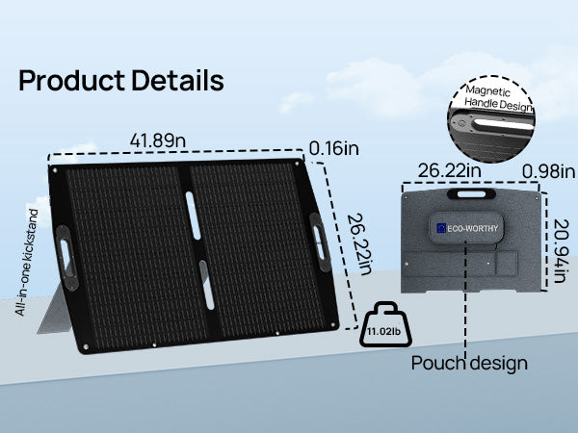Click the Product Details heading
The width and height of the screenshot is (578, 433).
pyautogui.click(x=121, y=80)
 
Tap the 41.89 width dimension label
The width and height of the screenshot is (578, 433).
pyautogui.click(x=158, y=140)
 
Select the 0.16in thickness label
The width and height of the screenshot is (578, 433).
pyautogui.click(x=333, y=148)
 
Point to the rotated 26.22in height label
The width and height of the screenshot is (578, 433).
pyautogui.click(x=359, y=244)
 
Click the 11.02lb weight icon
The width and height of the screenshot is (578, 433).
pyautogui.click(x=385, y=324)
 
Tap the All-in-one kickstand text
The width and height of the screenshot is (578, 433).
pyautogui.click(x=27, y=262)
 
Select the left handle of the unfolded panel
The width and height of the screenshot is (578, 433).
pyautogui.click(x=66, y=258)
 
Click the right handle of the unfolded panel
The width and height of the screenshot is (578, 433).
pyautogui.click(x=319, y=242)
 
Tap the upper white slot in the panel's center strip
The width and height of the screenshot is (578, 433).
pyautogui.click(x=194, y=216)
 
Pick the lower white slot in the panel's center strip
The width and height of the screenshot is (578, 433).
pyautogui.click(x=207, y=285)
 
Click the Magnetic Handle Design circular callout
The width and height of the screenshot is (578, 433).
pyautogui.click(x=490, y=119)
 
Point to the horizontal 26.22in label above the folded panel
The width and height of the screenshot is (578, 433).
pyautogui.click(x=449, y=170)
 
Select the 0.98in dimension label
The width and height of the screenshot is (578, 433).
pyautogui.click(x=548, y=171)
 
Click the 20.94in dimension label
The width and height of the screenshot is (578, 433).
pyautogui.click(x=561, y=251)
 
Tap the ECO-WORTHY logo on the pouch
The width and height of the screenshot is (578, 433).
pyautogui.click(x=466, y=228)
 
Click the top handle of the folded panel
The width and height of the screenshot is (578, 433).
pyautogui.click(x=471, y=193)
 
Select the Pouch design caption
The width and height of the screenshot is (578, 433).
pyautogui.click(x=469, y=363)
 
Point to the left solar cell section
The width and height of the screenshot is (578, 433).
pyautogui.click(x=135, y=254)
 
